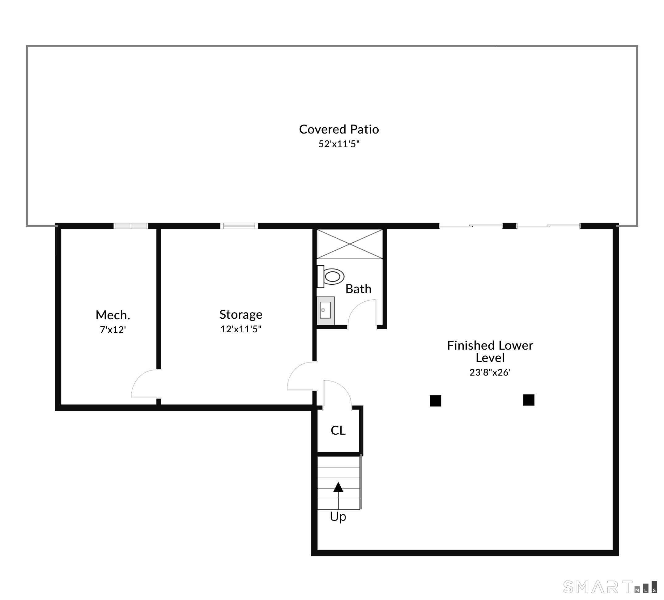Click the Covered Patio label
point(339,129)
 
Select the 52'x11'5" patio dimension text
point(339,144)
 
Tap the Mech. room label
point(113,315)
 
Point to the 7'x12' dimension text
point(113,330)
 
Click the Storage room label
point(241,314)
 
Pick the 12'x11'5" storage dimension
point(241,329)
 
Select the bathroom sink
point(326,310)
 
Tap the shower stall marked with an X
point(349,244)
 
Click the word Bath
point(358,289)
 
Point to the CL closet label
point(338,430)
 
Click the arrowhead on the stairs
point(338,487)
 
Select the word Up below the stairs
point(338,516)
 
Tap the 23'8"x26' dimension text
point(490,372)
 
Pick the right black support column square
point(529,400)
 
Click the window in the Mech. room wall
point(131,226)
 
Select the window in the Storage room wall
point(239,226)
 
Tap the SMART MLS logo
point(609,587)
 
